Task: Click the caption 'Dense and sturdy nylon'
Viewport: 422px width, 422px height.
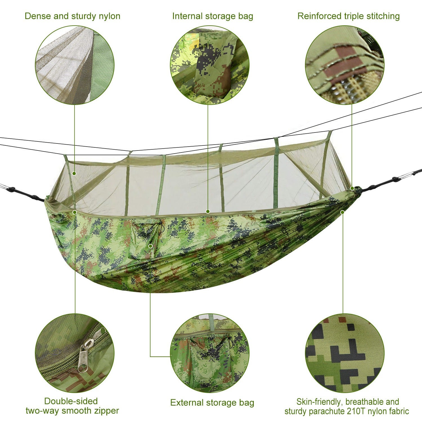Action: coord(72,16)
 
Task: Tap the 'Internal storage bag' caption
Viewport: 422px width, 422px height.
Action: coord(212,16)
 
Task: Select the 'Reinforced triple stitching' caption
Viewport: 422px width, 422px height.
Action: coord(348,16)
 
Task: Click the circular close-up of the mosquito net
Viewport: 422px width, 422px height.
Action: coord(75,65)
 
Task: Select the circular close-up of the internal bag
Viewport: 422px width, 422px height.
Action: coord(210,65)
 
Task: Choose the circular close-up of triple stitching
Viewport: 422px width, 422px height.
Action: coord(345,65)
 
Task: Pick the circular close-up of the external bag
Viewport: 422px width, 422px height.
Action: coord(210,353)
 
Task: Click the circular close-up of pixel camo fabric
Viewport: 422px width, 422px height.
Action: coord(345,353)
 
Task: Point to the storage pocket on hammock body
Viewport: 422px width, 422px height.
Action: coord(145,239)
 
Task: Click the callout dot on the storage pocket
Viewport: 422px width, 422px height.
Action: coord(151,246)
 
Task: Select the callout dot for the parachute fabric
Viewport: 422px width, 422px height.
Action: coord(342,212)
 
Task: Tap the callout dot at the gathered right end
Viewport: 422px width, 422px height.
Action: coord(352,188)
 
